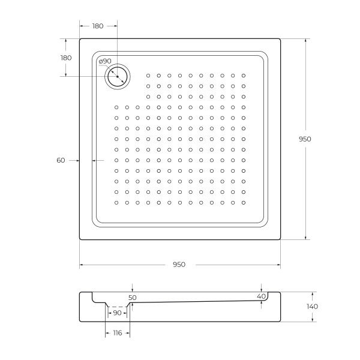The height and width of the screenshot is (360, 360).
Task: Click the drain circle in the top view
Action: (x=117, y=76)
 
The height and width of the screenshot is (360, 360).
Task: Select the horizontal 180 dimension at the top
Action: (x=98, y=26)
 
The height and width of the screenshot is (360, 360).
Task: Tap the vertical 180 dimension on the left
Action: (x=66, y=58)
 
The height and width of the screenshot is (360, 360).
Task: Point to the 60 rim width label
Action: (x=61, y=160)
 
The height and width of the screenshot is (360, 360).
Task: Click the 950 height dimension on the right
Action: (x=305, y=139)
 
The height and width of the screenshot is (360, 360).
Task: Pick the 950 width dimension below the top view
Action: (x=179, y=265)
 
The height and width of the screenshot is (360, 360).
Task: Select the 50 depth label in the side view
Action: (x=133, y=297)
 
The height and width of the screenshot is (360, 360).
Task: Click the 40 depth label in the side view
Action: (x=261, y=296)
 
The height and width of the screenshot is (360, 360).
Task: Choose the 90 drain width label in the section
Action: (x=117, y=313)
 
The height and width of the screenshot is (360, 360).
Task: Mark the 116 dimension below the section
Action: (x=117, y=333)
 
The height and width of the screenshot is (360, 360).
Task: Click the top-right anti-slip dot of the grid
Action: (x=244, y=76)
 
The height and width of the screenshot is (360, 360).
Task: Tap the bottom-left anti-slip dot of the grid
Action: (x=116, y=203)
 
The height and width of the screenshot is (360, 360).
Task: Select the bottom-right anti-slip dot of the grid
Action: (x=244, y=203)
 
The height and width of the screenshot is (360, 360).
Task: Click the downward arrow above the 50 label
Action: (x=133, y=290)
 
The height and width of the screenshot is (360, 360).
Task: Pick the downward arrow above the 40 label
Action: (x=261, y=290)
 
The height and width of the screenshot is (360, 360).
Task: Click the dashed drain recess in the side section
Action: (x=117, y=305)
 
